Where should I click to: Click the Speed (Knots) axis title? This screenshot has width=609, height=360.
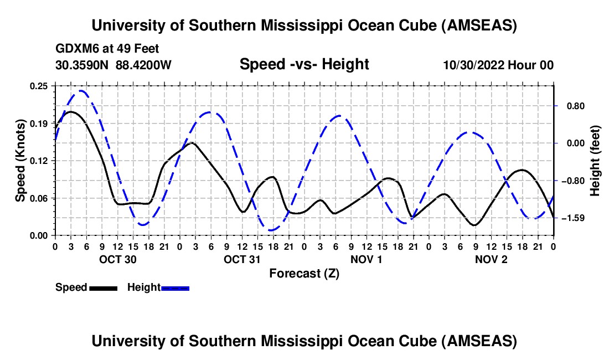coord(20,160)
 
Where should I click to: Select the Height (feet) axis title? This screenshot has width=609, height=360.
coord(595,161)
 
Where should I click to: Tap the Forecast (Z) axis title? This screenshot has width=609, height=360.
coord(304,273)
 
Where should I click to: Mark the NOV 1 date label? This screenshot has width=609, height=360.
coord(366,259)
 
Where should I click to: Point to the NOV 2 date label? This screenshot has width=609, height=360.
coord(491,259)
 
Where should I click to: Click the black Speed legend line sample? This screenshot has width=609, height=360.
coord(103,287)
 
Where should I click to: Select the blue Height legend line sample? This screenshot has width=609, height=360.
coord(175,287)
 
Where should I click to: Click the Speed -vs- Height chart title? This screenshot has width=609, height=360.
coord(304,64)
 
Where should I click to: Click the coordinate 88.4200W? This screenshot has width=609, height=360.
coord(144,65)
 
